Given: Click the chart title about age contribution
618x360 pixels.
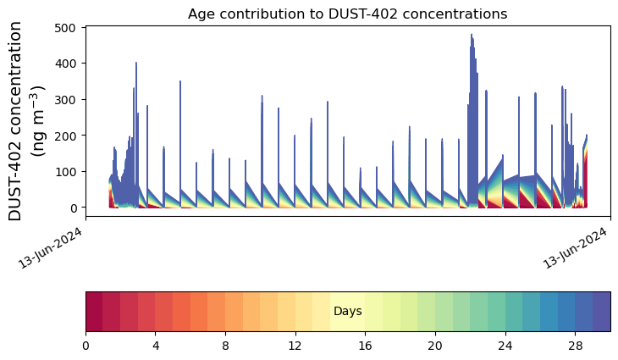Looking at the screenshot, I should coord(347,14).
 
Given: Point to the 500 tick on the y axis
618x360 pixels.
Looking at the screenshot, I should coord(69,28).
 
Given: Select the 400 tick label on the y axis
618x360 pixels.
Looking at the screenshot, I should coord(69,64).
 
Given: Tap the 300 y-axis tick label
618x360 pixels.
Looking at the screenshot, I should coord(69,100).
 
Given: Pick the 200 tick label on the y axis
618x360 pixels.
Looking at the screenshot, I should coord(69,136).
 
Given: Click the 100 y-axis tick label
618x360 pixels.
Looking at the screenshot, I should coord(69,172).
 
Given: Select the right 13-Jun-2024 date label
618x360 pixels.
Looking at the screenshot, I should coord(577,246).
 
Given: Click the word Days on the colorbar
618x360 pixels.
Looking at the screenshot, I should coord(348,312).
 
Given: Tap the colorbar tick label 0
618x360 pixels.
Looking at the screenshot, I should coord(86,346).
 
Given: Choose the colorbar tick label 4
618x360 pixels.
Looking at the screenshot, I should coord(156,346).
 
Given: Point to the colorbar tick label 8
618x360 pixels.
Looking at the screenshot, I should coord(225,346).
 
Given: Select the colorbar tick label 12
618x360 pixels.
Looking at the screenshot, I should coord(295,346).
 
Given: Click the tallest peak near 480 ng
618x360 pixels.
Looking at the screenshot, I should coord(472,36).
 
